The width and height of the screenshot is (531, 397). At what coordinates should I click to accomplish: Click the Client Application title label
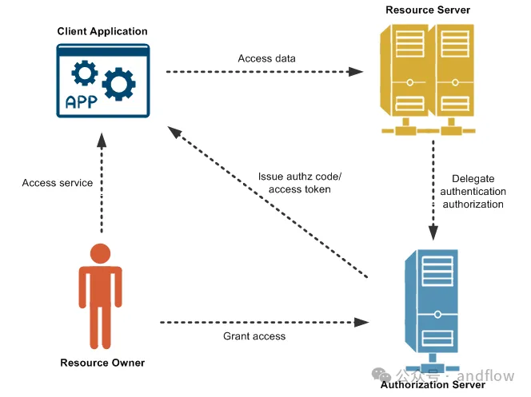pyautogui.click(x=102, y=31)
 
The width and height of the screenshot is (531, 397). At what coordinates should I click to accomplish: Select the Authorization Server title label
pyautogui.click(x=433, y=385)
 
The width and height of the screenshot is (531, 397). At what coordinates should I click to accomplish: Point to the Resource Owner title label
pyautogui.click(x=102, y=363)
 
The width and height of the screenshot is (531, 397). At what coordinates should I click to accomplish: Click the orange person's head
pyautogui.click(x=100, y=254)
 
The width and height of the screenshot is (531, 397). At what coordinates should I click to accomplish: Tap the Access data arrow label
pyautogui.click(x=266, y=58)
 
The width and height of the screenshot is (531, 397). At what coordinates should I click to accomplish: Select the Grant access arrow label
pyautogui.click(x=254, y=336)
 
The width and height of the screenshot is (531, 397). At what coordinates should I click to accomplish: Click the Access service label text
pyautogui.click(x=58, y=183)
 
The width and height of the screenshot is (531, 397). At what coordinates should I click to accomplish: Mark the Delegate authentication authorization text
pyautogui.click(x=478, y=192)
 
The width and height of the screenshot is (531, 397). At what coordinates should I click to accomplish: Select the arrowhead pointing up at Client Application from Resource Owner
pyautogui.click(x=101, y=139)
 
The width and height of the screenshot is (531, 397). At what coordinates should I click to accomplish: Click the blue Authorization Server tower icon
pyautogui.click(x=433, y=300)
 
